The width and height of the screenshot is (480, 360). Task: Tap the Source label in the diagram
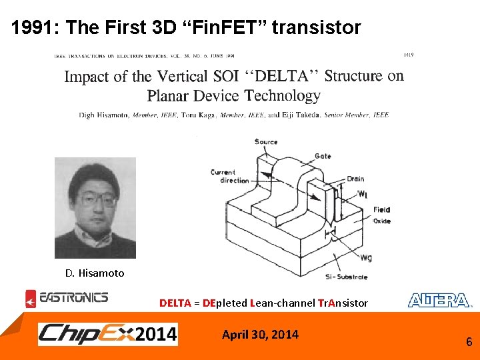(267, 142)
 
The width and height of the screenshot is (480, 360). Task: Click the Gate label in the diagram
(323, 155)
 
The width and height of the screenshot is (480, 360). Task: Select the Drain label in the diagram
(355, 179)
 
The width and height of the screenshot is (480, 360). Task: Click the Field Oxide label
(381, 215)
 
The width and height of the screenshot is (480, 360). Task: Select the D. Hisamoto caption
(95, 273)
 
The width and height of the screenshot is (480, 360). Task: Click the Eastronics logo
(67, 299)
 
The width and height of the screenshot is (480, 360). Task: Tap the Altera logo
(440, 301)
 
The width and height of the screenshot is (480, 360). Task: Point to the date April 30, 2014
(260, 334)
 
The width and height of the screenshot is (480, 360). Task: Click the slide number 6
(469, 342)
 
